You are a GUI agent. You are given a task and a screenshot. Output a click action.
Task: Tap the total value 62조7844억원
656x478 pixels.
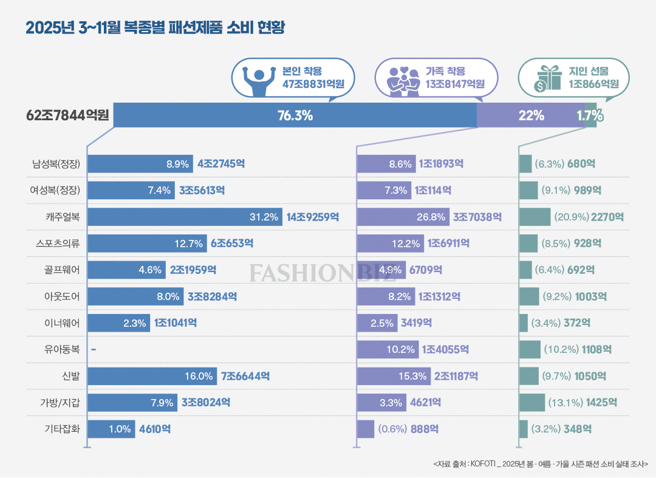pos(67,115)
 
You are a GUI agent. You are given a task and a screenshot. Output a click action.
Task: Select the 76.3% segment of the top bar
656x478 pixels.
pos(295,115)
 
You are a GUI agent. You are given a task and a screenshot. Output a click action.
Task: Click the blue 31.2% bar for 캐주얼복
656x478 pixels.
pos(185,217)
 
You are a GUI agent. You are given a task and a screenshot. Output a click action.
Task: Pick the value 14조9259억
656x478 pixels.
pos(313,217)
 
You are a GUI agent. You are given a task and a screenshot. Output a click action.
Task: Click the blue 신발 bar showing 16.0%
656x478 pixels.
pos(152,377)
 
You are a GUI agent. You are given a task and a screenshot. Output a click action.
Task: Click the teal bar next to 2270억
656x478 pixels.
pos(535,217)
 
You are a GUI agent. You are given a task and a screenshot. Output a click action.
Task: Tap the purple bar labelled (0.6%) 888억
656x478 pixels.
pos(365,429)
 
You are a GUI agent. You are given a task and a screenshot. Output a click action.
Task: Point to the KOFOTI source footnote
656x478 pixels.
pos(541,465)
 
